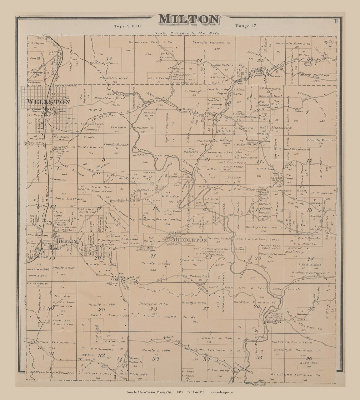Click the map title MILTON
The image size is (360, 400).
coord(188,19)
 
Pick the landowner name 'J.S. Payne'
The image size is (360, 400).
coord(35,43)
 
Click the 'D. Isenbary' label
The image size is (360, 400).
coord(218,370)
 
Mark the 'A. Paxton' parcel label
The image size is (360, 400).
coord(309,363)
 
